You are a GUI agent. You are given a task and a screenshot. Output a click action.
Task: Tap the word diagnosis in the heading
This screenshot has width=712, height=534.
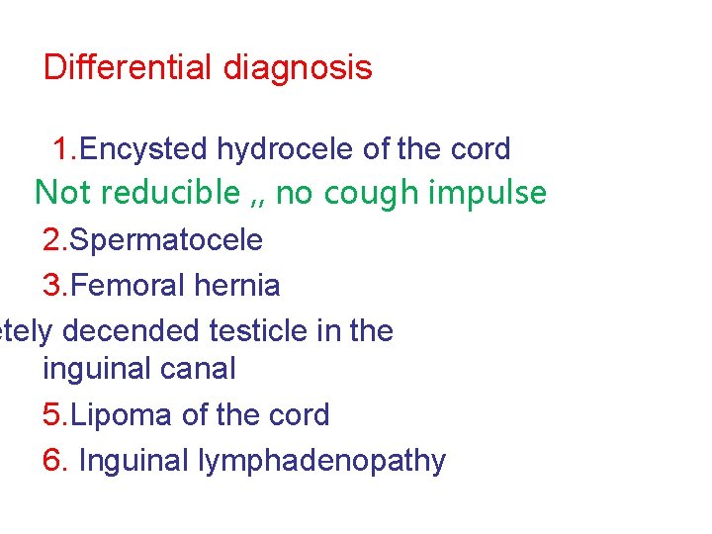pyautogui.click(x=298, y=69)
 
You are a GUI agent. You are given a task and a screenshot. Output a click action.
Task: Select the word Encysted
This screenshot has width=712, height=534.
pyautogui.click(x=144, y=149)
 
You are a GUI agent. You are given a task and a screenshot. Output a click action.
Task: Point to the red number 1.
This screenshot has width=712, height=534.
pyautogui.click(x=62, y=149)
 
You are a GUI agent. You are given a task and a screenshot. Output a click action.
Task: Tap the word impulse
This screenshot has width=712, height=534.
pyautogui.click(x=488, y=193)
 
